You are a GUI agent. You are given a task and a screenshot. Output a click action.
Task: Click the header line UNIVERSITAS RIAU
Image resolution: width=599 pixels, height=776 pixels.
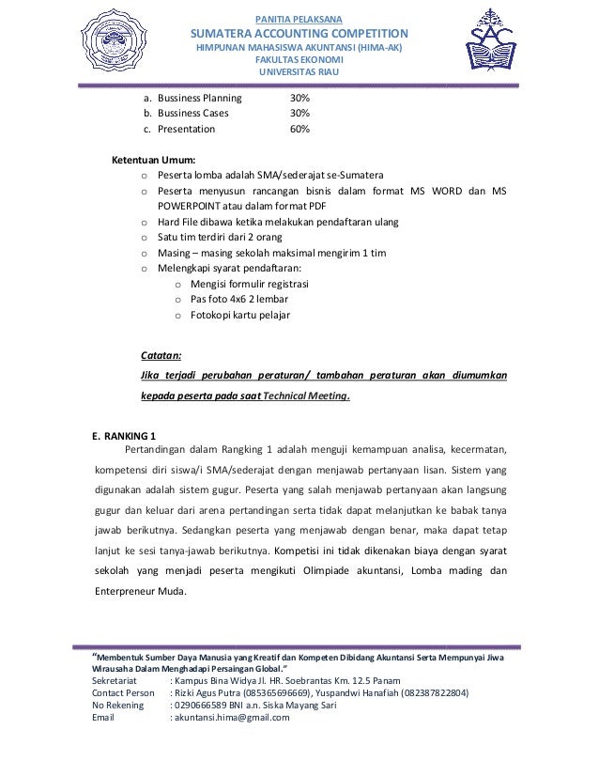coord(299,73)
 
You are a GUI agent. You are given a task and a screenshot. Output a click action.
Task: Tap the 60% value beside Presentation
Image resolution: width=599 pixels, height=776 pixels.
coord(299,130)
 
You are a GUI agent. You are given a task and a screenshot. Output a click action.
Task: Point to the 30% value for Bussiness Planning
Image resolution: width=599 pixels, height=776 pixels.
coord(299,98)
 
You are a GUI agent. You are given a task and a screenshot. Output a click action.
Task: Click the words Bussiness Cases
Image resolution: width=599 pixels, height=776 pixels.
coord(192,114)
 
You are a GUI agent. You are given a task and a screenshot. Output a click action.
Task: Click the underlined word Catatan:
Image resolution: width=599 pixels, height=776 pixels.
coord(161,356)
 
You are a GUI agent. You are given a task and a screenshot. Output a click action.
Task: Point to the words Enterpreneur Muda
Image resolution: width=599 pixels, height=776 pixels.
coord(141,592)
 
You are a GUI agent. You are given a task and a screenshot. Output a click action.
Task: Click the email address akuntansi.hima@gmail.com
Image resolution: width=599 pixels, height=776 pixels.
coord(229,718)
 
